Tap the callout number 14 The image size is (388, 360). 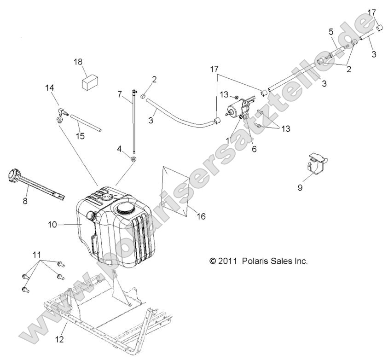pyautogui.click(x=50, y=87)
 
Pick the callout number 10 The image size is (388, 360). pyautogui.click(x=52, y=224)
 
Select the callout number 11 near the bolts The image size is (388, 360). pyautogui.click(x=36, y=255)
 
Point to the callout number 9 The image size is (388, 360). pyautogui.click(x=313, y=188)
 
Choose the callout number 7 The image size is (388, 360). pyautogui.click(x=120, y=94)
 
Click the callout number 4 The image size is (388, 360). pyautogui.click(x=119, y=149)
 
